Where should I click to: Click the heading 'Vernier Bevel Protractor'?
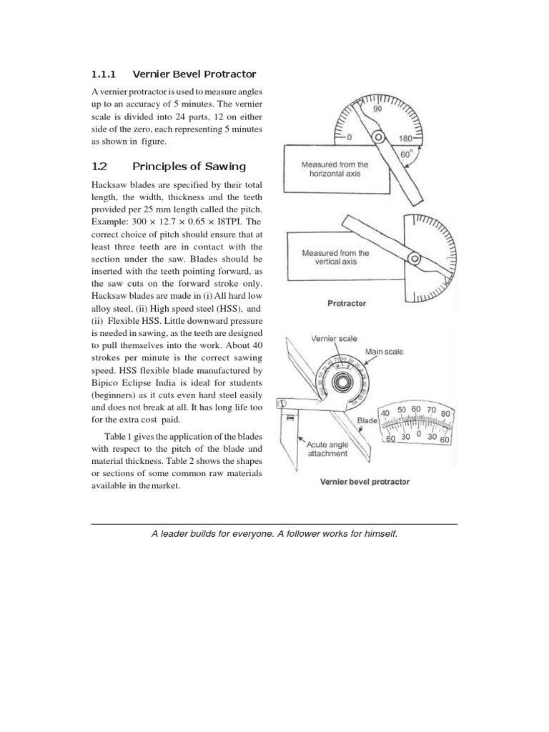pyautogui.click(x=194, y=74)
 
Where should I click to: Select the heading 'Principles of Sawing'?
pyautogui.click(x=189, y=167)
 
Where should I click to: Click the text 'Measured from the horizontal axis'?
pyautogui.click(x=334, y=169)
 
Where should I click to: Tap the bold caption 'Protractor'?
pyautogui.click(x=347, y=303)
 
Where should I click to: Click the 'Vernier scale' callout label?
pyautogui.click(x=333, y=338)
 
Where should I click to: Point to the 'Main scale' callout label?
pyautogui.click(x=384, y=352)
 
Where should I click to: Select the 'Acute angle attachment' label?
pyautogui.click(x=327, y=448)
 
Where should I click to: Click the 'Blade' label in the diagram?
pyautogui.click(x=367, y=422)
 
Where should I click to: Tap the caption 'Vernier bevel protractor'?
pyautogui.click(x=365, y=481)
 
